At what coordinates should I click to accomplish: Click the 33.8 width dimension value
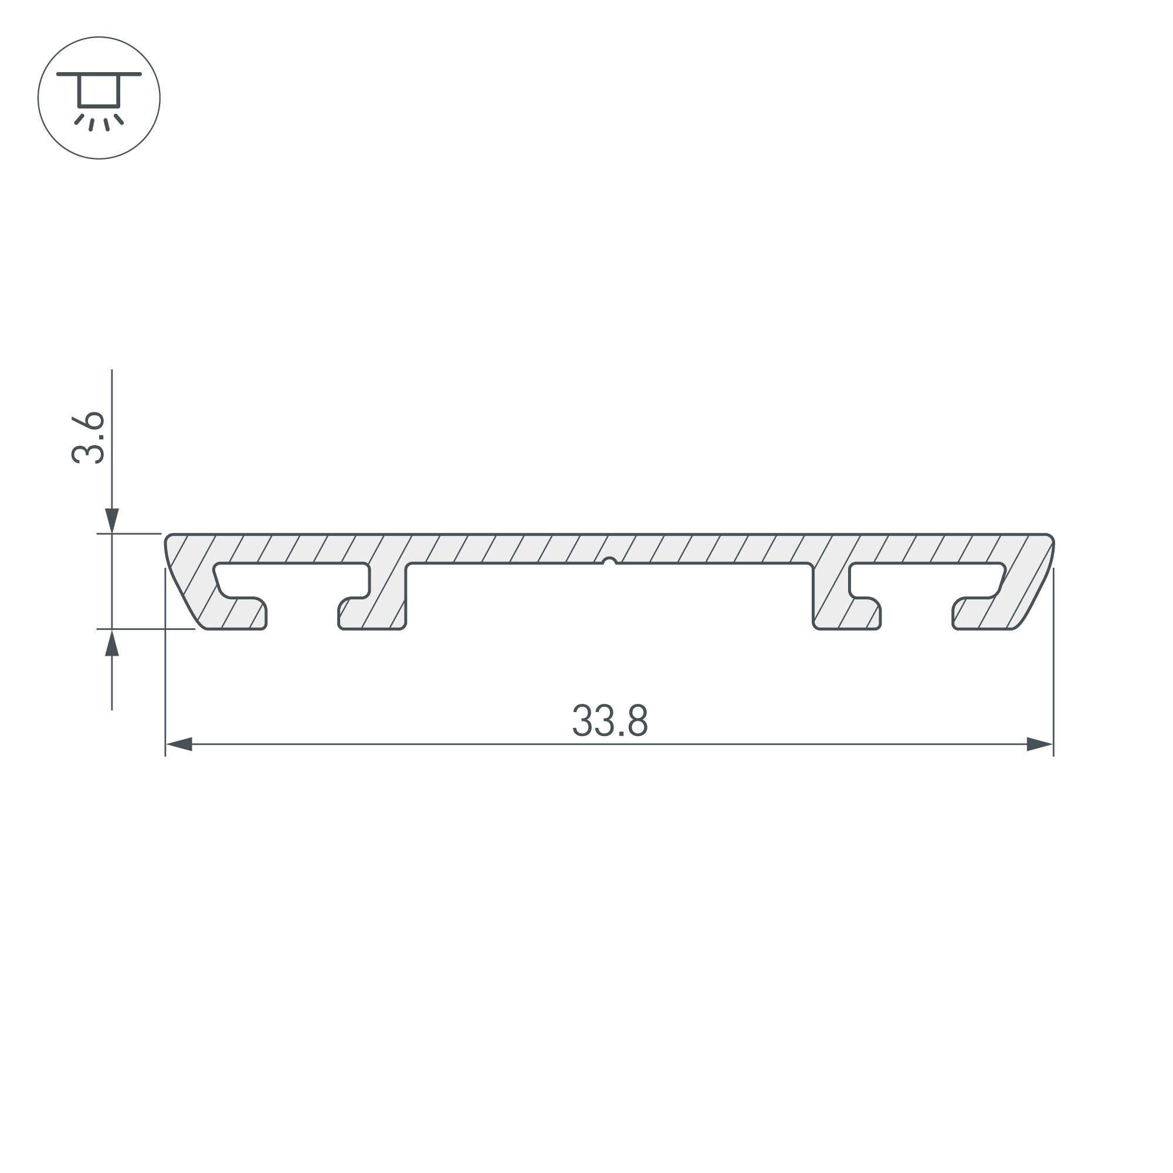click(x=609, y=721)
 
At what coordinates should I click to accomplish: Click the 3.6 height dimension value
click(x=89, y=438)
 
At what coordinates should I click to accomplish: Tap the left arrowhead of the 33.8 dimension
click(x=179, y=744)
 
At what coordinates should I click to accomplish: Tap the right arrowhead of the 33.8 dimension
click(x=1039, y=744)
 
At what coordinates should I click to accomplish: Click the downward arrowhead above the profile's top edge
click(x=111, y=520)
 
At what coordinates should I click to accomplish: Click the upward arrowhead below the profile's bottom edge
click(x=111, y=643)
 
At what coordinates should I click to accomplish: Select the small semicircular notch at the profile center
click(x=609, y=562)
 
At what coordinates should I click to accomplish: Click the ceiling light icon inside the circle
click(x=99, y=98)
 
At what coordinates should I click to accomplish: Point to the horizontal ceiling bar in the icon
click(x=99, y=74)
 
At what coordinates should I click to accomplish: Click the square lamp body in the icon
click(x=99, y=91)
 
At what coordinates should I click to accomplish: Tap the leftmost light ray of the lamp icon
click(x=79, y=119)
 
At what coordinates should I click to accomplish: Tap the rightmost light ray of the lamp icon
click(x=119, y=119)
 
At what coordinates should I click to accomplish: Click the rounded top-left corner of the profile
click(x=170, y=539)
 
